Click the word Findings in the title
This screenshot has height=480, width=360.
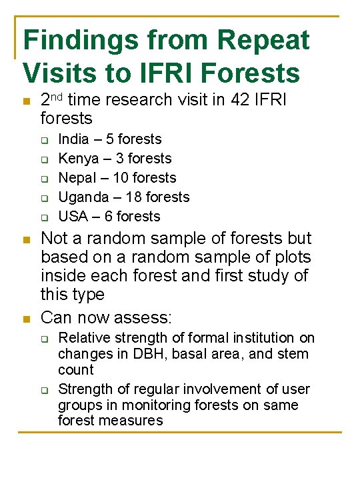pos(81,41)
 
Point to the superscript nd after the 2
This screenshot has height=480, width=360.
pos(57,97)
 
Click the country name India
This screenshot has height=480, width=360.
pos(73,139)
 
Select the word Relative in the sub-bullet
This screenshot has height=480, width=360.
pos(83,338)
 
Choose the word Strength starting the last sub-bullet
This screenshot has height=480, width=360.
pos(84,389)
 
